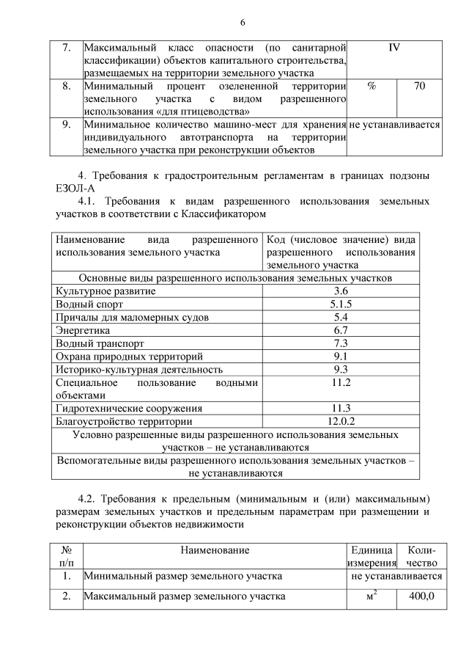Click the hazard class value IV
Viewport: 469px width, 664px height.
coord(394,48)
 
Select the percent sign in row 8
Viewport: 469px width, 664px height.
coord(371,87)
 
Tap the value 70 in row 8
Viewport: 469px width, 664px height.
coord(419,87)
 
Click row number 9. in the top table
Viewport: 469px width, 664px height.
coord(66,125)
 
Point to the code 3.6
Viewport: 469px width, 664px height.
coord(340,291)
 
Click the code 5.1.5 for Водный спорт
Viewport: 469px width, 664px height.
coord(340,304)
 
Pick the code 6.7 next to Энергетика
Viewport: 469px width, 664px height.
coord(340,331)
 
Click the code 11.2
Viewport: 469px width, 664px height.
coord(341,383)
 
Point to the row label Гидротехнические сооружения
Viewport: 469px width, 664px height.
coord(129,408)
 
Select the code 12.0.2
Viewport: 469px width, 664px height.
coord(341,421)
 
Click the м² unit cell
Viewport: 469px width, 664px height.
coord(372,596)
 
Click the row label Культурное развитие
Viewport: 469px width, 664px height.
coord(106,291)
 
